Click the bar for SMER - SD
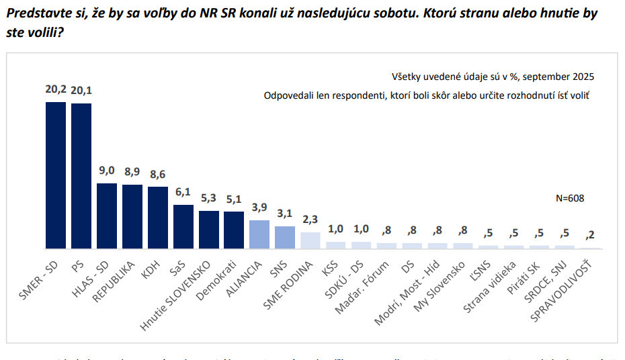(55, 175)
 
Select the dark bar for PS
(81, 175)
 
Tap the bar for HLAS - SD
(107, 216)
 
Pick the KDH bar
(158, 218)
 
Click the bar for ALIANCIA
(259, 234)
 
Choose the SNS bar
(285, 237)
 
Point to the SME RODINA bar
(310, 240)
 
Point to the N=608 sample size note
(571, 199)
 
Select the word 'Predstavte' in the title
(36, 13)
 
